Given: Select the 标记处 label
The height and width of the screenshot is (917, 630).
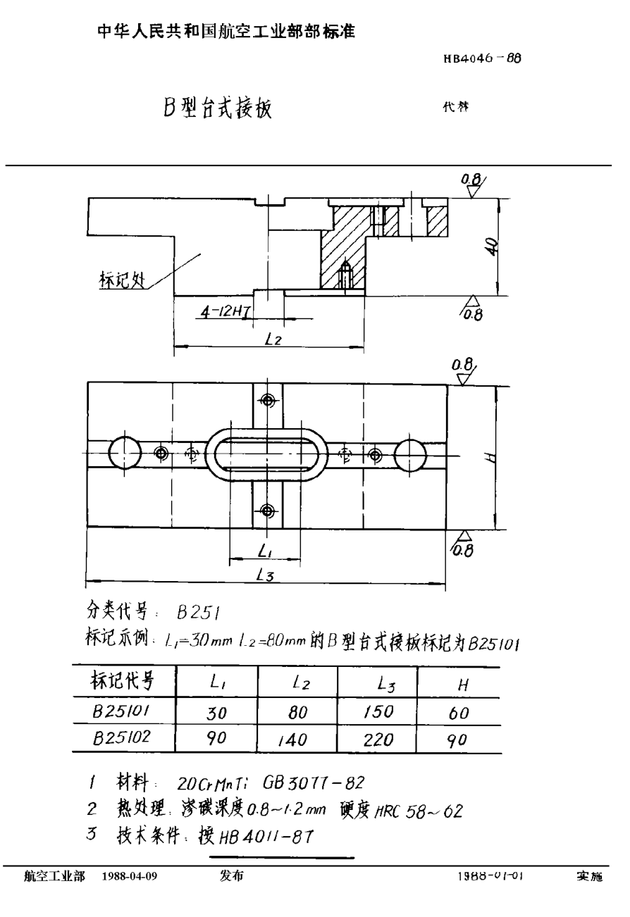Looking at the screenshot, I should click(120, 281).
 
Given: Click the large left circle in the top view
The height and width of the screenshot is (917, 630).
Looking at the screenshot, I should click(125, 452).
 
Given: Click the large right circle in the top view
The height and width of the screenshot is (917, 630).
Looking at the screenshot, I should click(411, 454).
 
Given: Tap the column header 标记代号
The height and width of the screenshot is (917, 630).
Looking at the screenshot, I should click(121, 681).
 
